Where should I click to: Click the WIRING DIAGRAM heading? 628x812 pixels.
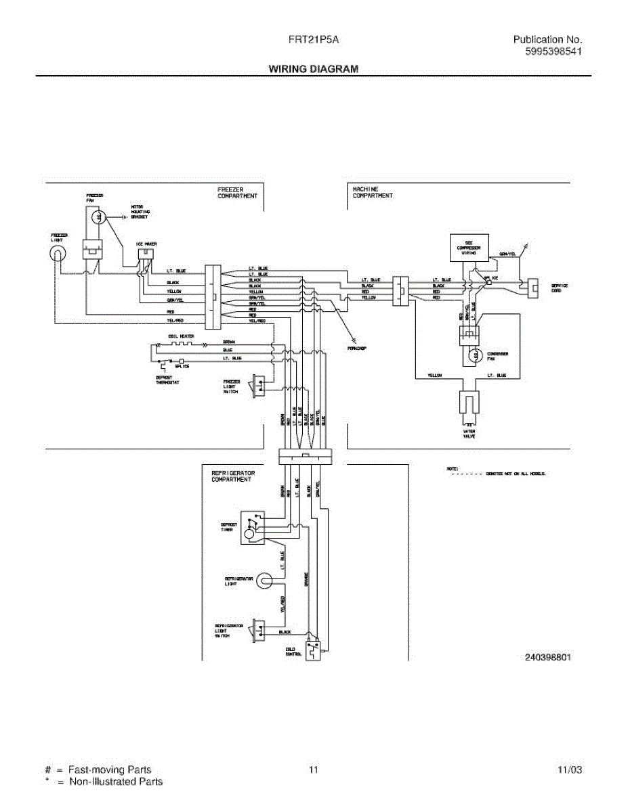[313, 68]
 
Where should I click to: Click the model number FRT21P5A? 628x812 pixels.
[313, 40]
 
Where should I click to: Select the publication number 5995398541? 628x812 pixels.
[553, 52]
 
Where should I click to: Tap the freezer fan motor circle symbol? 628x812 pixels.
[100, 217]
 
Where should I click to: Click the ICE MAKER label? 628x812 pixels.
[146, 244]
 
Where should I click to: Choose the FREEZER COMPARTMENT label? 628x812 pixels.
[237, 193]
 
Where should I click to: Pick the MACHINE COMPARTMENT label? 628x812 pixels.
[372, 193]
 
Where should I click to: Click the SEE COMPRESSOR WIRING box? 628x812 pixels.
[473, 248]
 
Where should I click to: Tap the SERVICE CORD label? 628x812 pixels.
[560, 288]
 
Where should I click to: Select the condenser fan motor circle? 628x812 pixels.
[475, 355]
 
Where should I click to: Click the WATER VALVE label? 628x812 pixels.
[469, 434]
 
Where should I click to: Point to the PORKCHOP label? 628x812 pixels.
[356, 349]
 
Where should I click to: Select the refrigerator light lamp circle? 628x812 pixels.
[265, 580]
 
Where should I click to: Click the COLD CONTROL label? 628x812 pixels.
[294, 652]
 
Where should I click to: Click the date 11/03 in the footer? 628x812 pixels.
[569, 770]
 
